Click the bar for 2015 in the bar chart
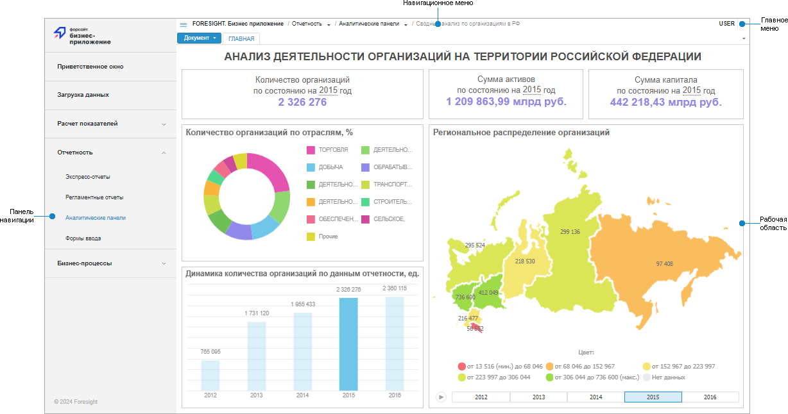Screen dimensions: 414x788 (x=348, y=344)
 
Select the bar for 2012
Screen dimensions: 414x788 (x=210, y=375)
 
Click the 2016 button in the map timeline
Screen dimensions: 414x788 (x=710, y=397)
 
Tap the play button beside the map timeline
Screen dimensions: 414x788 (x=441, y=397)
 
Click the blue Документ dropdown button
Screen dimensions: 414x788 (x=199, y=38)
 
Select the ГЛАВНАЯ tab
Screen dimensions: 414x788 (x=241, y=38)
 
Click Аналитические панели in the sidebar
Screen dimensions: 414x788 (x=96, y=218)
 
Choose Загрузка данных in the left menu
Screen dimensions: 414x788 (x=83, y=95)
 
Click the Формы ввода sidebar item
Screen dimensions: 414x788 (x=83, y=238)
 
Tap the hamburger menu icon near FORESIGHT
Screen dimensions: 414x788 (x=184, y=24)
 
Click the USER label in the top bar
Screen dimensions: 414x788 (x=726, y=24)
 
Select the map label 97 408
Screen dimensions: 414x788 (x=664, y=264)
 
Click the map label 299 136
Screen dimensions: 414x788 (x=570, y=232)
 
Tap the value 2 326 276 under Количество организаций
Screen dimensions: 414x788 (x=302, y=102)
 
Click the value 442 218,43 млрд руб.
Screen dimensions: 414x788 (x=665, y=102)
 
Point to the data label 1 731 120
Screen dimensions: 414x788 (x=257, y=313)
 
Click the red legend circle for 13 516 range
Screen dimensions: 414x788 (x=461, y=367)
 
